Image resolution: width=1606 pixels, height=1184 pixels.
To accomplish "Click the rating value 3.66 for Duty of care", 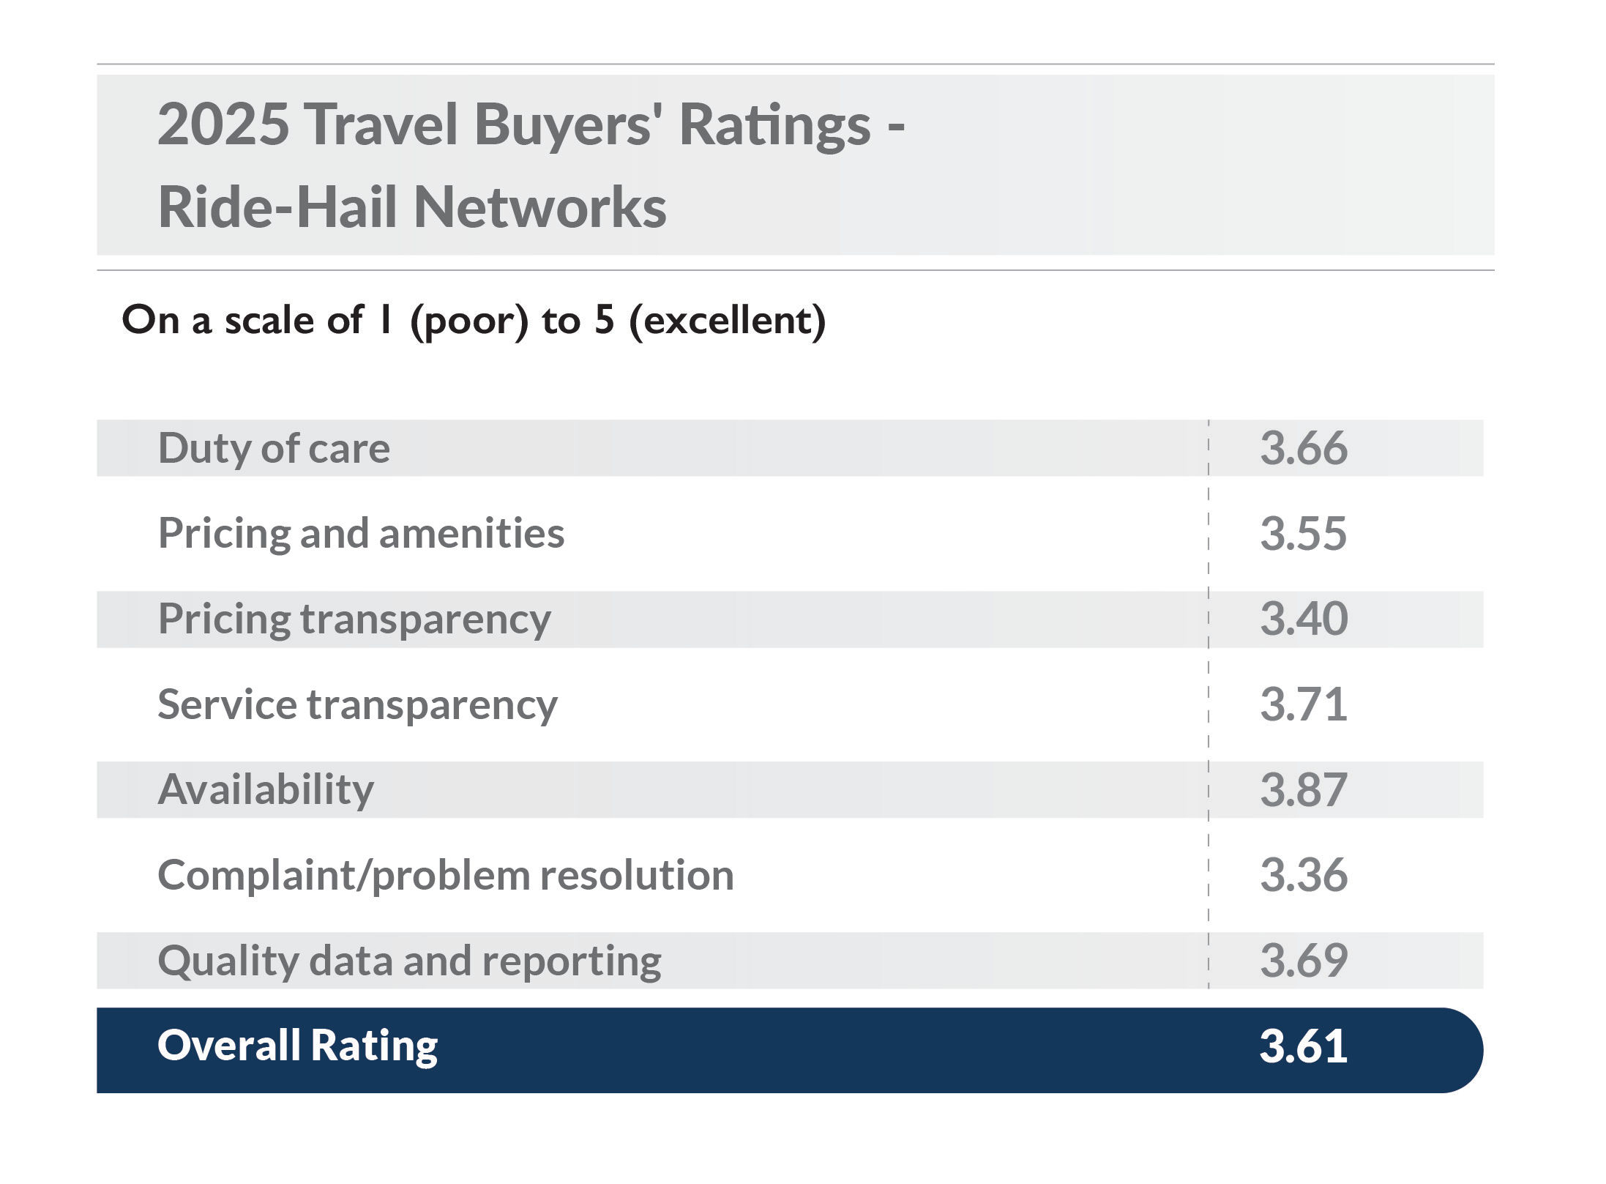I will pyautogui.click(x=1303, y=448).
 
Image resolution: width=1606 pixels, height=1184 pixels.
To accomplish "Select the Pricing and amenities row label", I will pyautogui.click(x=361, y=533).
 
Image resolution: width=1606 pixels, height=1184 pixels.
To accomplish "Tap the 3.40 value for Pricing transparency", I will pyautogui.click(x=1303, y=619).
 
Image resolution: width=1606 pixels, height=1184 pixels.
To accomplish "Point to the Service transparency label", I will pyautogui.click(x=357, y=704).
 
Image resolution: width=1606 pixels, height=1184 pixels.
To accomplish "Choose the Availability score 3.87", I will pyautogui.click(x=1303, y=789).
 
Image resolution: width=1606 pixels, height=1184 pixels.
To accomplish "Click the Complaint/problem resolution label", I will pyautogui.click(x=445, y=875).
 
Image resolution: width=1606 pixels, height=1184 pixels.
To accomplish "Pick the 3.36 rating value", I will pyautogui.click(x=1303, y=875).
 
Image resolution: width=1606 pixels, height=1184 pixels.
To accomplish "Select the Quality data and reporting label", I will pyautogui.click(x=409, y=961).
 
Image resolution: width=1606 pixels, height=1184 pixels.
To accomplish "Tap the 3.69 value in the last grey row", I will pyautogui.click(x=1303, y=961).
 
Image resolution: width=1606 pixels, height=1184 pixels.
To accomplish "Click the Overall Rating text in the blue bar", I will pyautogui.click(x=297, y=1045).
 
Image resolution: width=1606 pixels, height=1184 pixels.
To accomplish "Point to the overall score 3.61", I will pyautogui.click(x=1303, y=1046).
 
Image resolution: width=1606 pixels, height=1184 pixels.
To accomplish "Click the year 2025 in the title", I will pyautogui.click(x=223, y=124).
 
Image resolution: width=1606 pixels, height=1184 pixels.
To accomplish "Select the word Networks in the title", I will pyautogui.click(x=539, y=207).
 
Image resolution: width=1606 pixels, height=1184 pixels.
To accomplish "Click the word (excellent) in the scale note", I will pyautogui.click(x=728, y=321).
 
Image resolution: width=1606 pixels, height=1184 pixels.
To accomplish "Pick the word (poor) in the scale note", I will pyautogui.click(x=469, y=321).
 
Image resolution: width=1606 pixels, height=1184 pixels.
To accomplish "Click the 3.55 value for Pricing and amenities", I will pyautogui.click(x=1303, y=533).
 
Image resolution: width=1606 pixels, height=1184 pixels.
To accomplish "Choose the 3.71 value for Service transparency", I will pyautogui.click(x=1303, y=704).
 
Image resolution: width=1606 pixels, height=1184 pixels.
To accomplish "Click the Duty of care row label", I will pyautogui.click(x=274, y=448).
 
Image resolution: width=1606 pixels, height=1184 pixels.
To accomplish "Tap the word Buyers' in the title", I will pyautogui.click(x=568, y=124).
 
